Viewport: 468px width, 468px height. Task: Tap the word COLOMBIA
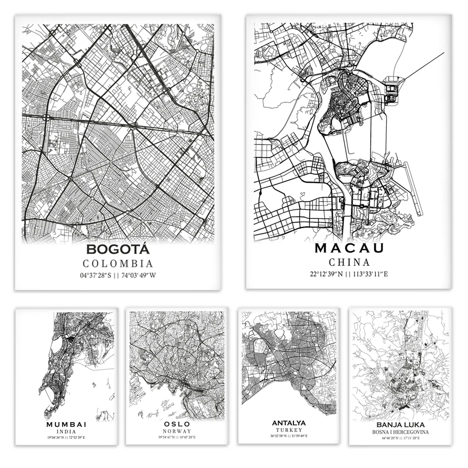coord(117,264)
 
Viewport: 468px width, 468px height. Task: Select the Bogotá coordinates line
coord(117,275)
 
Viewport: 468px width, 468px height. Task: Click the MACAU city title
coord(349,248)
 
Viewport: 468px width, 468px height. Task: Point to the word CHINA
coord(349,263)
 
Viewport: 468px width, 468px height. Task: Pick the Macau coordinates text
coord(349,274)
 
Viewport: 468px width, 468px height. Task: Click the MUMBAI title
coord(66,424)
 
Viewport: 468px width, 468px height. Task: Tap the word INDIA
coord(66,431)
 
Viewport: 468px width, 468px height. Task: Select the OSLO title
coord(177,424)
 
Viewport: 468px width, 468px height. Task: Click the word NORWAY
coord(177,431)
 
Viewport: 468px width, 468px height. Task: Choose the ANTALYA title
coord(288,423)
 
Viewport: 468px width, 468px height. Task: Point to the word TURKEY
coord(288,430)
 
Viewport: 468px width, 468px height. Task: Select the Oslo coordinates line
coord(177,437)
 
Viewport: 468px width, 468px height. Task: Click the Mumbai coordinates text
coord(66,437)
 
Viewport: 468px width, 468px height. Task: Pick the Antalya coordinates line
coord(288,436)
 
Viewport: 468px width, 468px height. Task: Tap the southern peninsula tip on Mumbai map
coord(47,415)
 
